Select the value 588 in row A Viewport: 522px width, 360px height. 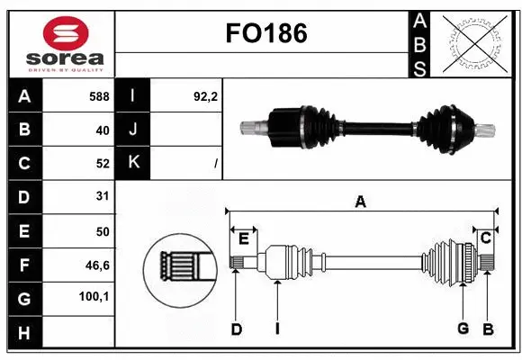[x=98, y=95]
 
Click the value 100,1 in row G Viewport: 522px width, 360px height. [x=94, y=296]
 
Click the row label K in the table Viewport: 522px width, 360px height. [x=133, y=163]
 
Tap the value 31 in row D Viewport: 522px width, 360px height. [x=102, y=196]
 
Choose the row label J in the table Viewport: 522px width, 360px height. [x=133, y=130]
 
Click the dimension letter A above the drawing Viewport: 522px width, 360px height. [x=361, y=202]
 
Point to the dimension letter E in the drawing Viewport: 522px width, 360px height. [x=244, y=238]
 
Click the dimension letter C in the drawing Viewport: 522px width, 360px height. [x=485, y=238]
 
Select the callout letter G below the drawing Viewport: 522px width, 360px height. [x=463, y=328]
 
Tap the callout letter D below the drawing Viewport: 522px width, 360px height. [x=236, y=329]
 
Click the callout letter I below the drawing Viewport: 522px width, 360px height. [x=277, y=329]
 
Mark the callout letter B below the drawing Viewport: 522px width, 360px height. [x=487, y=329]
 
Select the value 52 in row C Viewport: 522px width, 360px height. [x=102, y=163]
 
